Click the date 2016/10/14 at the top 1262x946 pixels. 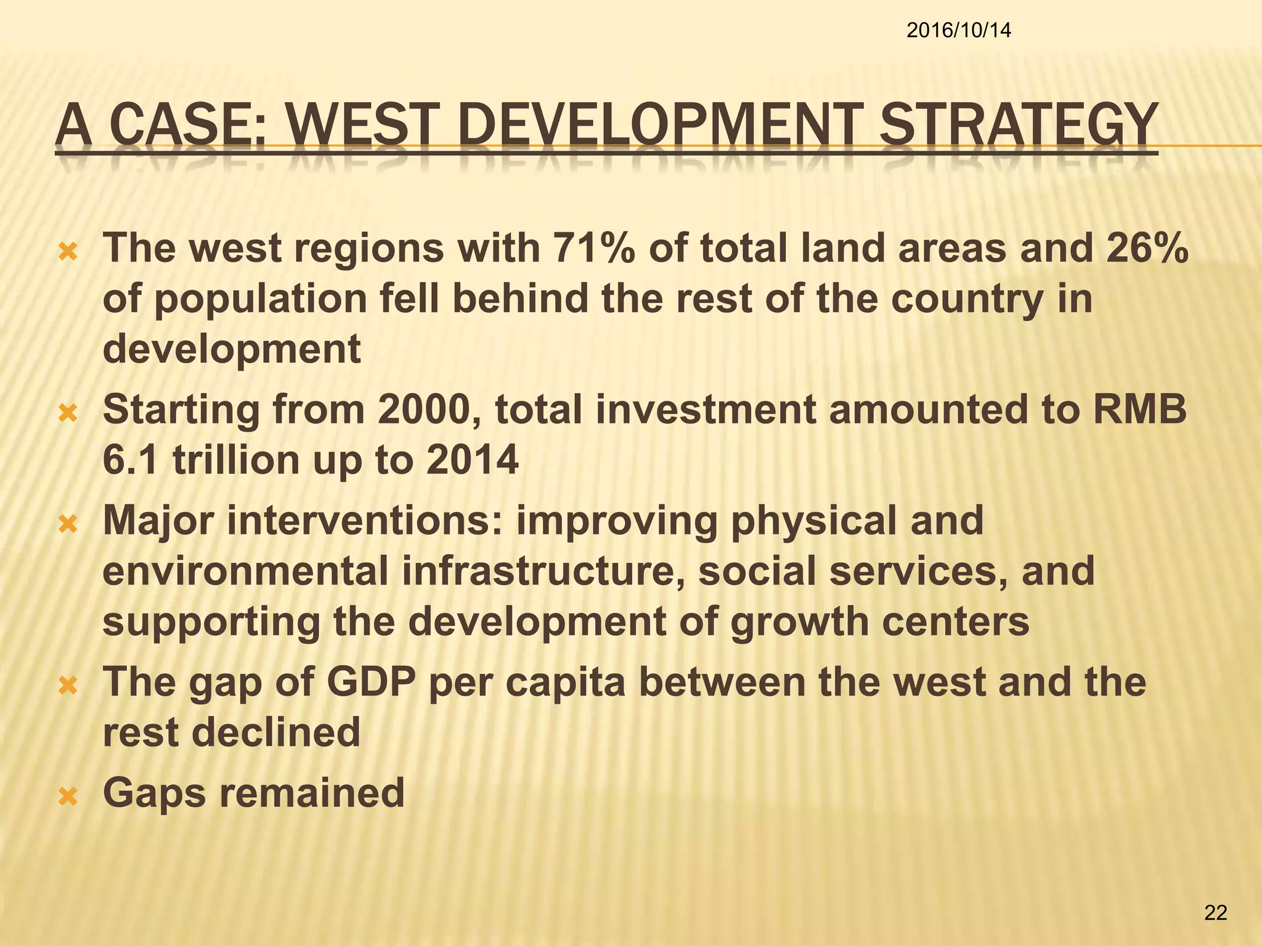958,30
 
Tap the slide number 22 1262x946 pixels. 1215,913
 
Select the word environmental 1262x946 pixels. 245,571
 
